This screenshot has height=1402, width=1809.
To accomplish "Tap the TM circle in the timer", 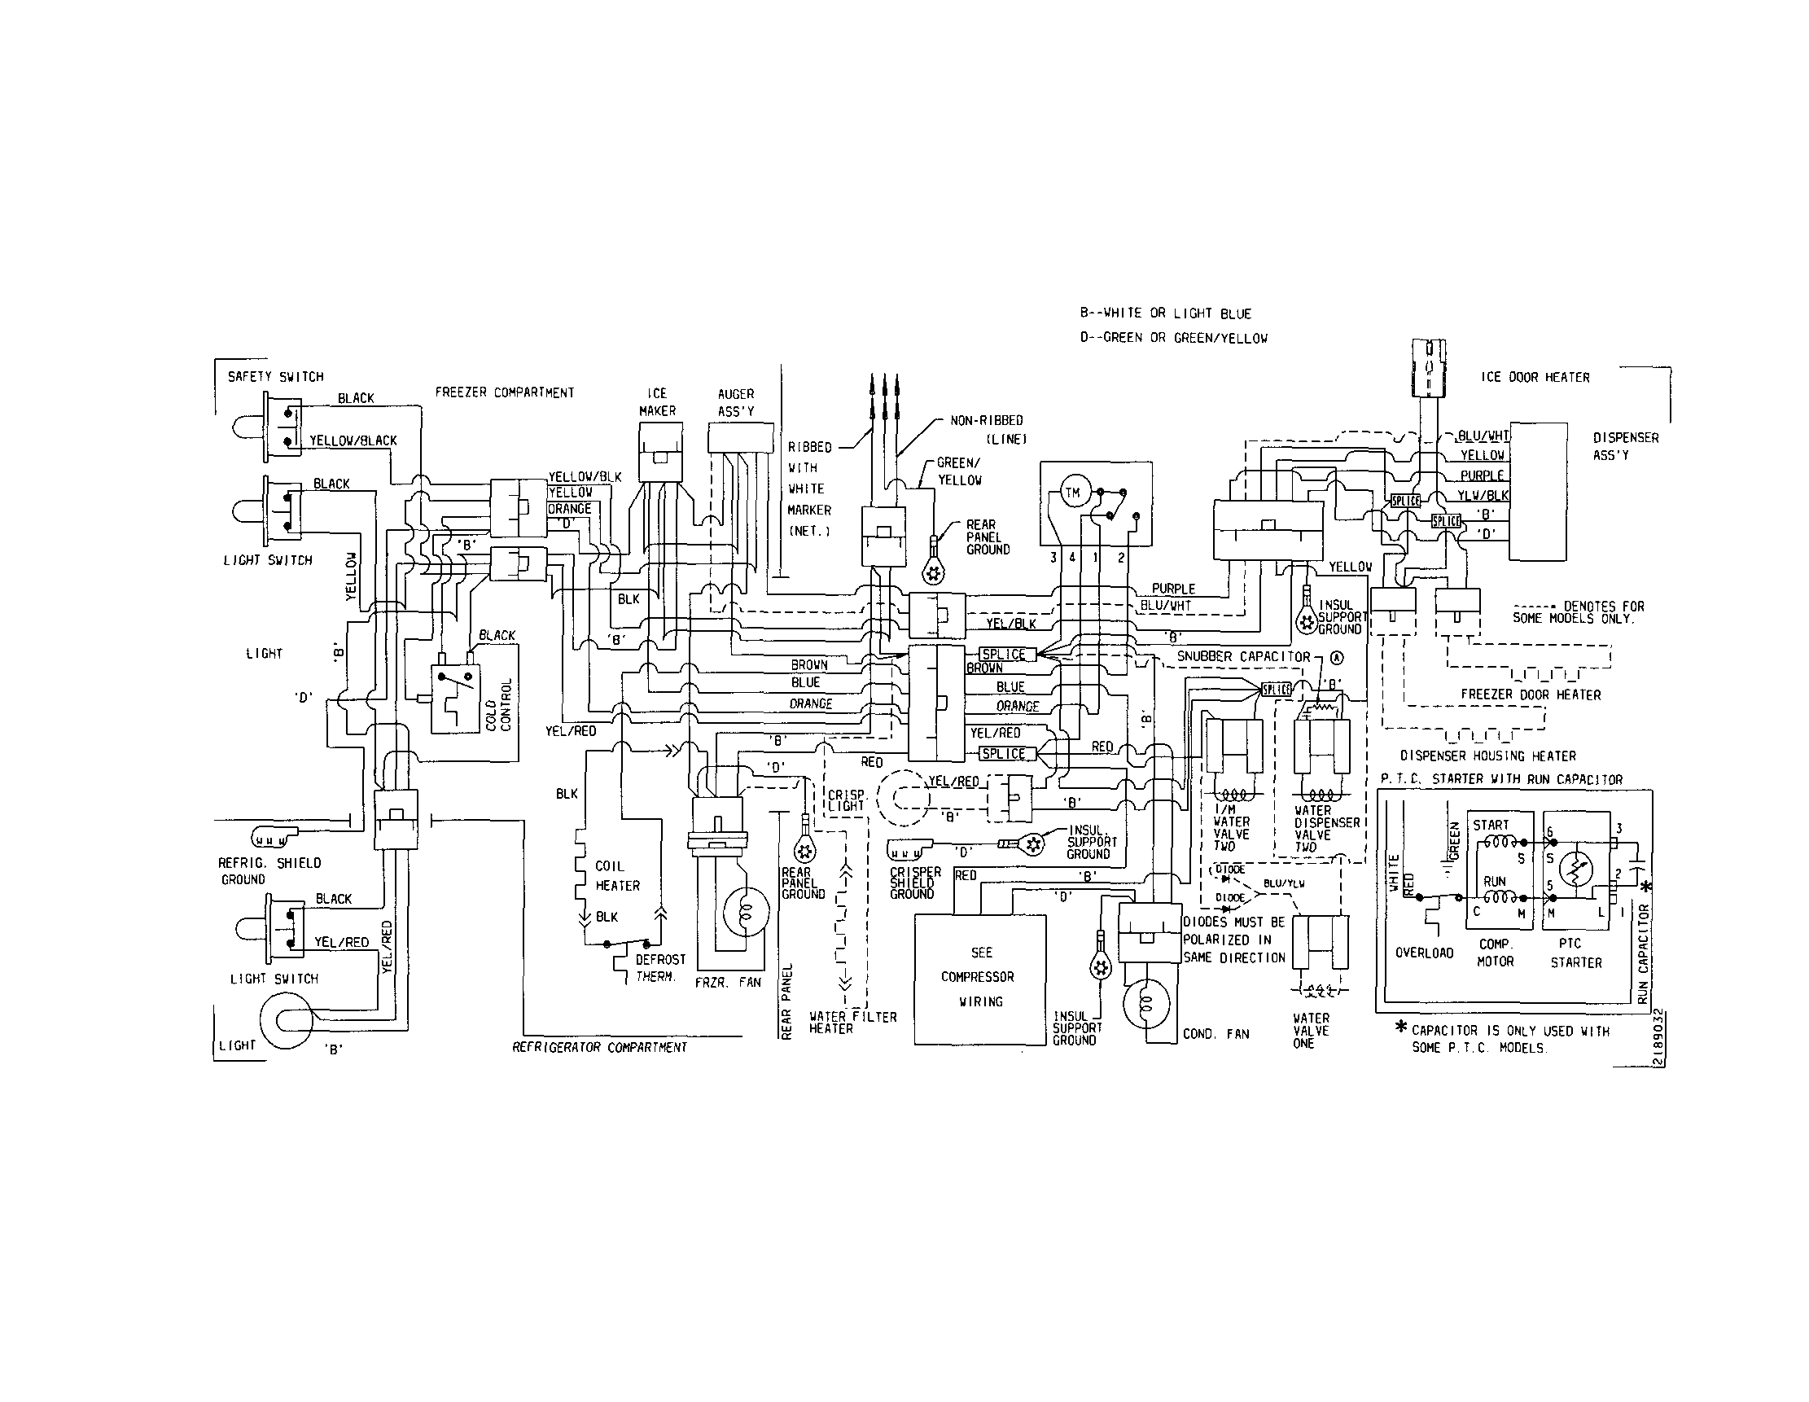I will (1072, 493).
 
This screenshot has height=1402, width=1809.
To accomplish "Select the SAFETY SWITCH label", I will (275, 377).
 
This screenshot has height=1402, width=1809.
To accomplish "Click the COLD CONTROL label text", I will (498, 705).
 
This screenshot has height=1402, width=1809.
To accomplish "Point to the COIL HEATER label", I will (617, 875).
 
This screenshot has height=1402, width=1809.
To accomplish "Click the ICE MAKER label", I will (657, 401).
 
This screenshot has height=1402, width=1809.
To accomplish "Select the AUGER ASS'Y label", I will (735, 401).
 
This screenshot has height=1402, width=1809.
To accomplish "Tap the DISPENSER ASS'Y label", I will (1625, 445).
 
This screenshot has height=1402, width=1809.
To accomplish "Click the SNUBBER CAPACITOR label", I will (1243, 657).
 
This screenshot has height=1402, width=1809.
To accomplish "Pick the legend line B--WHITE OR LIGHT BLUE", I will (1164, 313).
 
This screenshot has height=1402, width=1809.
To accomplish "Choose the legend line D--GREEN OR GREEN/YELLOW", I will (1173, 338).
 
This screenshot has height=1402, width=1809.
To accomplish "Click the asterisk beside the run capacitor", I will (1645, 886).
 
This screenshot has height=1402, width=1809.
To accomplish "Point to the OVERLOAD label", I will (1424, 953).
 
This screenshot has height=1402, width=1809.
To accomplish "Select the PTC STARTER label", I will (1575, 953).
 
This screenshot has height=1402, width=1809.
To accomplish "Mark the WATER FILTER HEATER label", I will (852, 1022).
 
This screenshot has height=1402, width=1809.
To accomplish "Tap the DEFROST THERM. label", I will (660, 967).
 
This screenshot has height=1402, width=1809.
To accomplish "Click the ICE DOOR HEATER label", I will (1535, 378).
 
